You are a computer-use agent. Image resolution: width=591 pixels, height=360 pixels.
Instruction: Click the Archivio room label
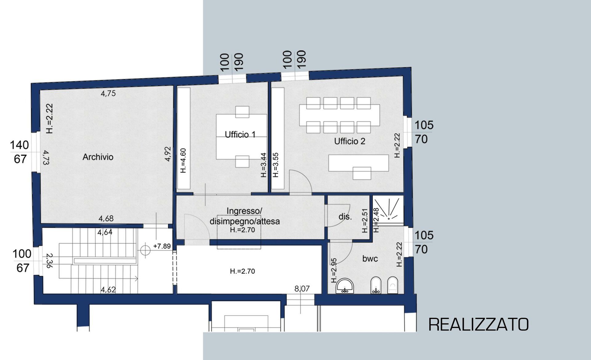[98, 157]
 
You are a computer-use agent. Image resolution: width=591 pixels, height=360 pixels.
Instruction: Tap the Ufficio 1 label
[240, 135]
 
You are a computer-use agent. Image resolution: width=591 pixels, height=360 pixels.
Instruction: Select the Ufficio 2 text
[350, 141]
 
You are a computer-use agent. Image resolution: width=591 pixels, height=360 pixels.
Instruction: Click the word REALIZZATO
[479, 324]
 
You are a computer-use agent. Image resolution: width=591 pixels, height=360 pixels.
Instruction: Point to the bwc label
[370, 259]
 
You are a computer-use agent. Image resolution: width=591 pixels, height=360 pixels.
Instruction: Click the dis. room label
[345, 216]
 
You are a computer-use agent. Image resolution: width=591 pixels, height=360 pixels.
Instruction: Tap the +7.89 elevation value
[162, 246]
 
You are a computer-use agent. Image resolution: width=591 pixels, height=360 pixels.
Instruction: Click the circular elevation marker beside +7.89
[145, 250]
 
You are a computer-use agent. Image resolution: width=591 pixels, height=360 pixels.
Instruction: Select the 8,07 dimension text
[302, 289]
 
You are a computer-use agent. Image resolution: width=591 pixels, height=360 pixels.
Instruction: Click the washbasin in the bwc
[345, 286]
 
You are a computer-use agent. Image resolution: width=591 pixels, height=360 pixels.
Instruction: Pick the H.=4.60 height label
[183, 160]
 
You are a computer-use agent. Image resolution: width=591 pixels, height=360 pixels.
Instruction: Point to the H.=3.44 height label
[263, 165]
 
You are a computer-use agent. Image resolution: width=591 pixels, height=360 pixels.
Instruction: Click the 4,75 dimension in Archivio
[108, 93]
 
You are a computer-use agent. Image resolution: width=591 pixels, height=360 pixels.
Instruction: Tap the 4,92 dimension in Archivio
[168, 154]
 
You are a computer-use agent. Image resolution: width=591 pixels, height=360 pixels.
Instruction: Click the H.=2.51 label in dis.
[365, 220]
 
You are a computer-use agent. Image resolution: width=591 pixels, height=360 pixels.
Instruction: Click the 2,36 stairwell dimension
[49, 261]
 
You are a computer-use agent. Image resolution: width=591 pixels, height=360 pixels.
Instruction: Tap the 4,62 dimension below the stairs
[108, 290]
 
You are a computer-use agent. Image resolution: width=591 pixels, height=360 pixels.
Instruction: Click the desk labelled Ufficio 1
[241, 137]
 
